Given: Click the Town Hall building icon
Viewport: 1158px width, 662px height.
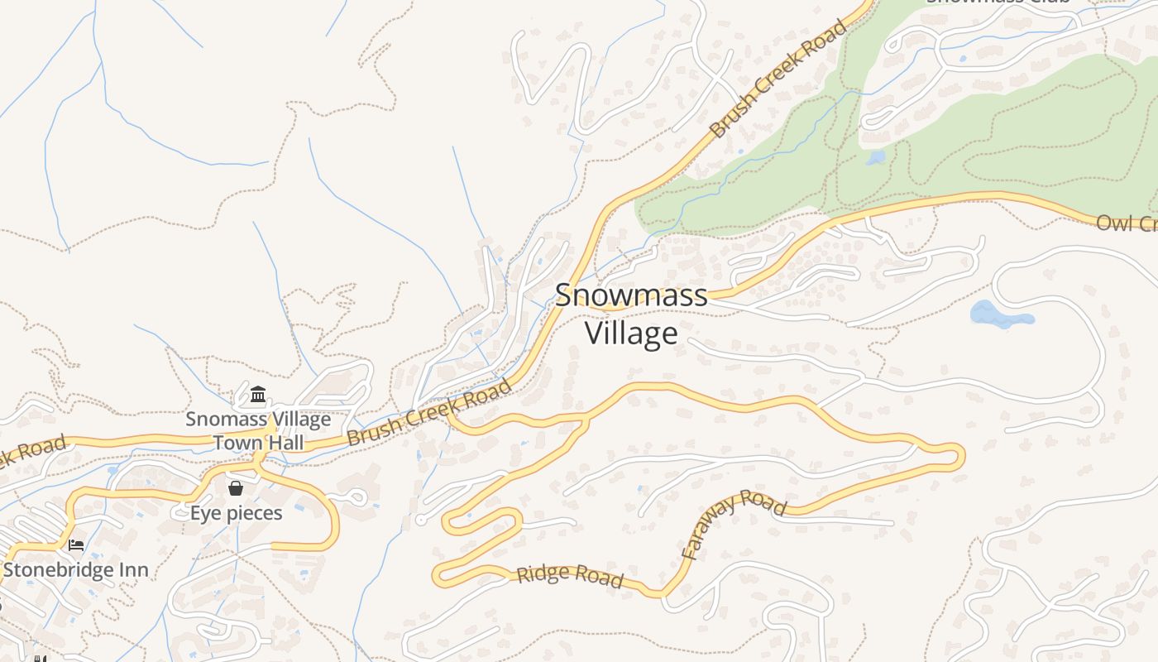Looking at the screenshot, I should click(258, 394).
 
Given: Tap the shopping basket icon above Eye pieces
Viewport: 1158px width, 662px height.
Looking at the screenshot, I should click(236, 488).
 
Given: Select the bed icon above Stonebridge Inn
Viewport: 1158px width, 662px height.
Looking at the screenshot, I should click(76, 545).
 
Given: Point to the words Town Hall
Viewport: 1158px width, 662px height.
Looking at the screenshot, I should click(258, 442).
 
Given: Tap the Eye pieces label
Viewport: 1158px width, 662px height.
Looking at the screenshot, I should click(236, 513).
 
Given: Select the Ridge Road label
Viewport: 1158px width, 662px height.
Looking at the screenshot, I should click(570, 576).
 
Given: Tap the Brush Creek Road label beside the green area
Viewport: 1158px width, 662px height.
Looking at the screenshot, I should click(778, 79).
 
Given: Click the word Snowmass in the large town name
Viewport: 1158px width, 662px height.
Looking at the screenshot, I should click(631, 295).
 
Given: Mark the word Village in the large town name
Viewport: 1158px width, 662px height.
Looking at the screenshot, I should click(631, 333).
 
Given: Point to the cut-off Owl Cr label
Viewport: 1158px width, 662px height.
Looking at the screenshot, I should click(1127, 223).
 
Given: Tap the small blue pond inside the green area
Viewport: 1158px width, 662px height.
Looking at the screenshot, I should click(875, 157).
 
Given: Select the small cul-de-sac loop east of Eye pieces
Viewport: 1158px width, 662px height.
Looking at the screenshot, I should click(357, 497).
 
